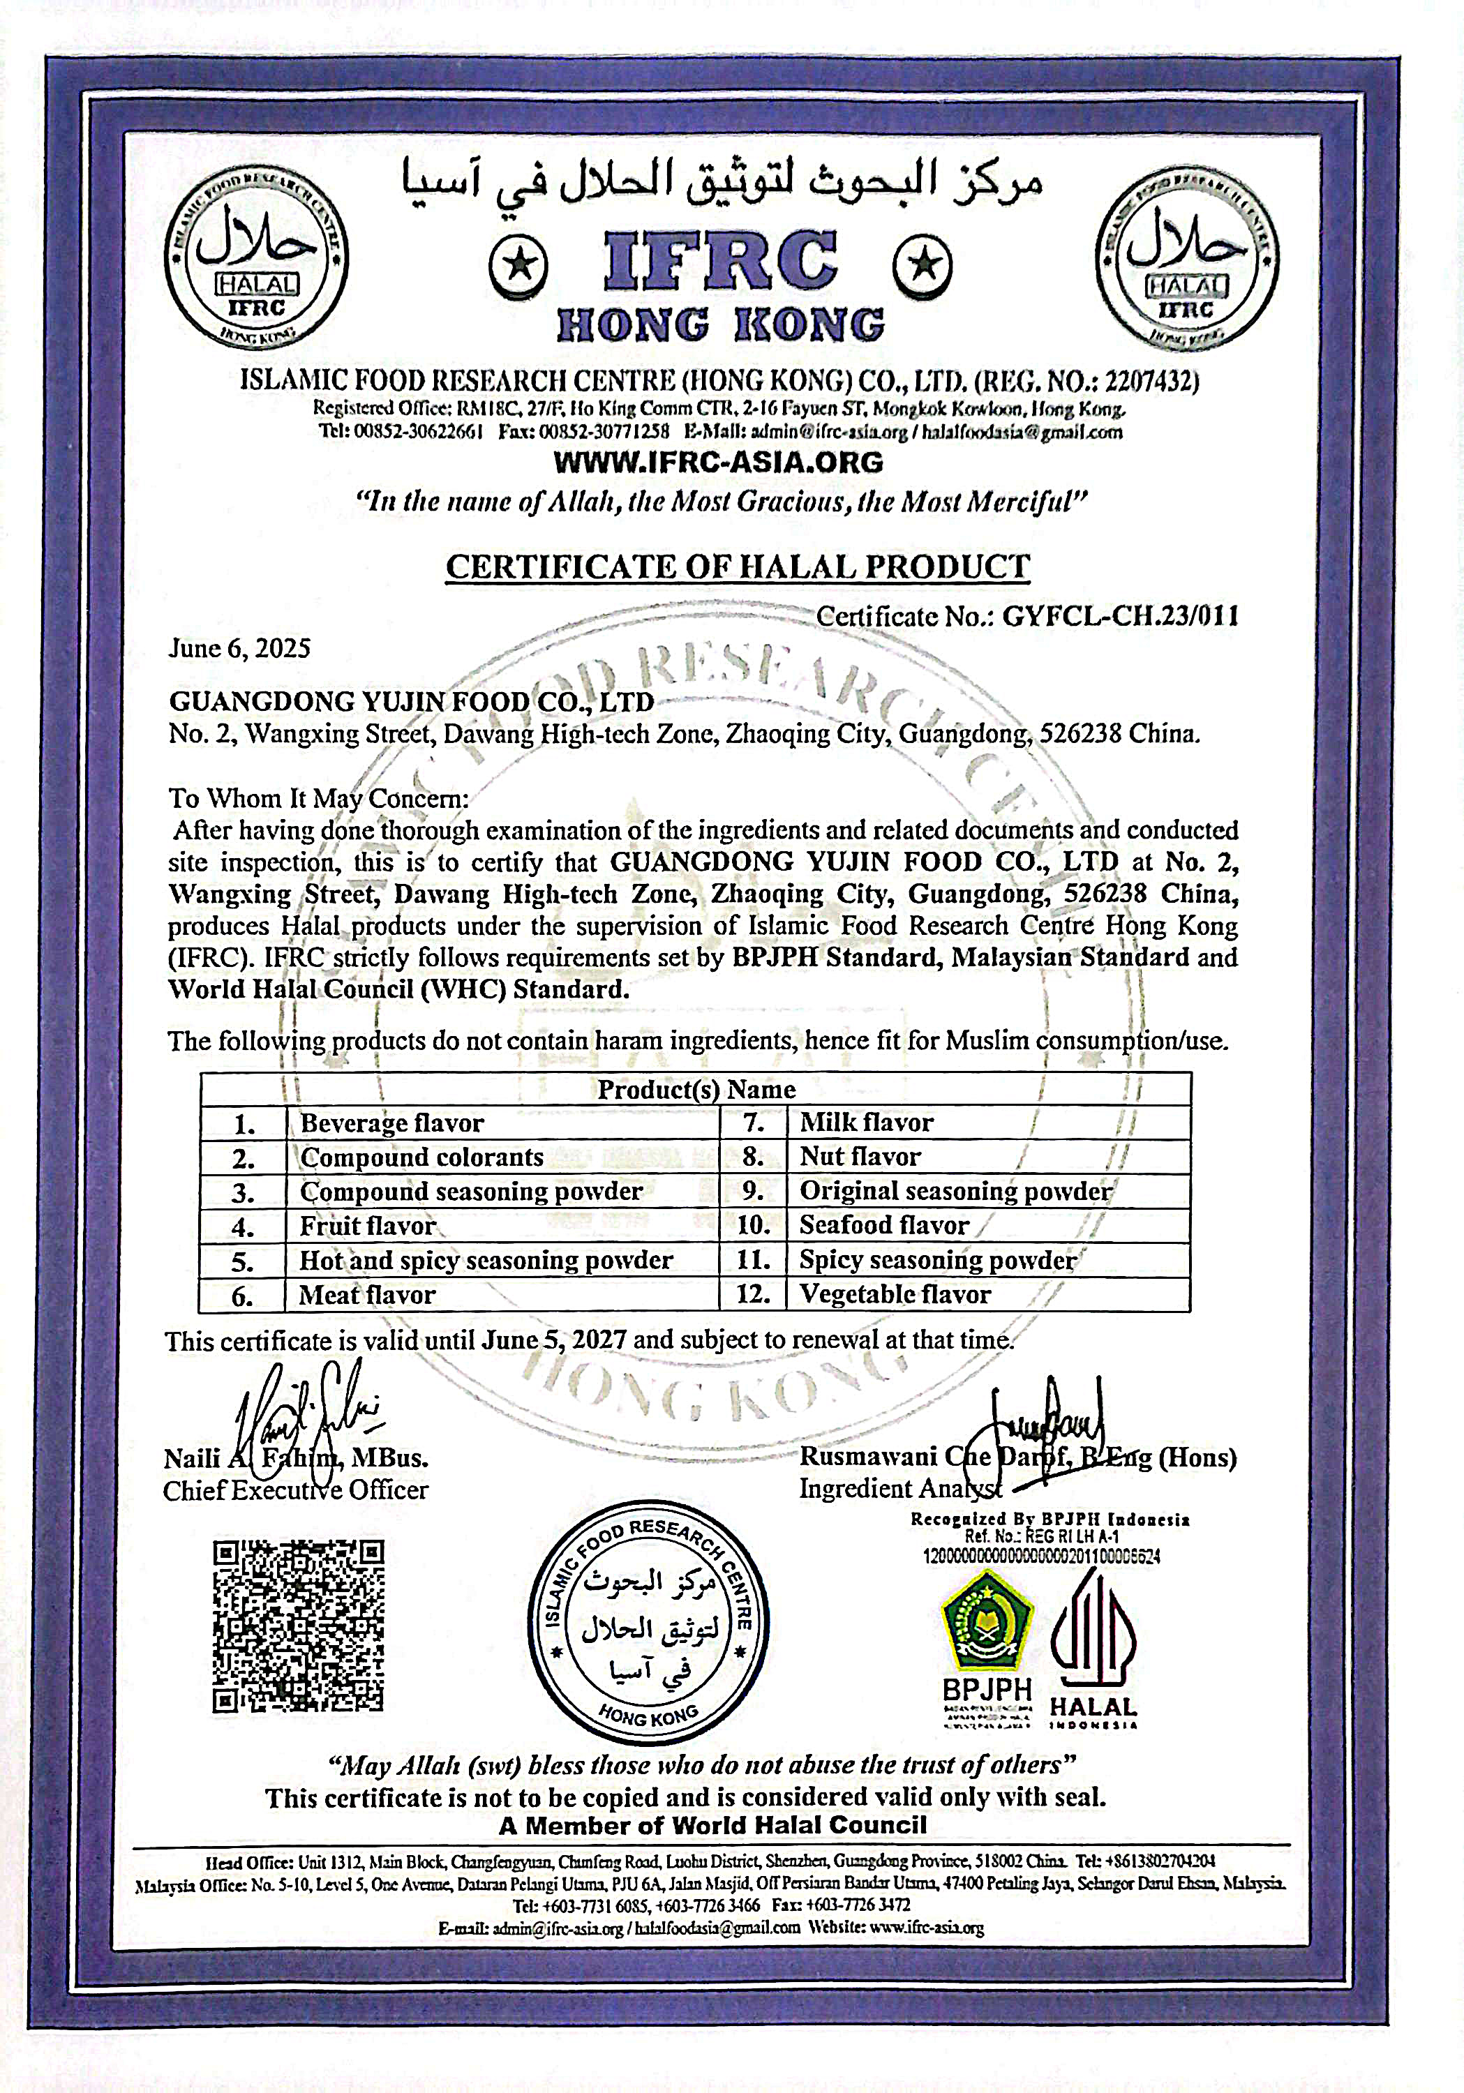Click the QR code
point(298,1624)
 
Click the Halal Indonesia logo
point(1094,1641)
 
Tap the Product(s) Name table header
point(696,1089)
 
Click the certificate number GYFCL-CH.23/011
point(1119,617)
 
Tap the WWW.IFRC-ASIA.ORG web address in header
point(718,462)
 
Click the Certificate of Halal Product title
point(738,567)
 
